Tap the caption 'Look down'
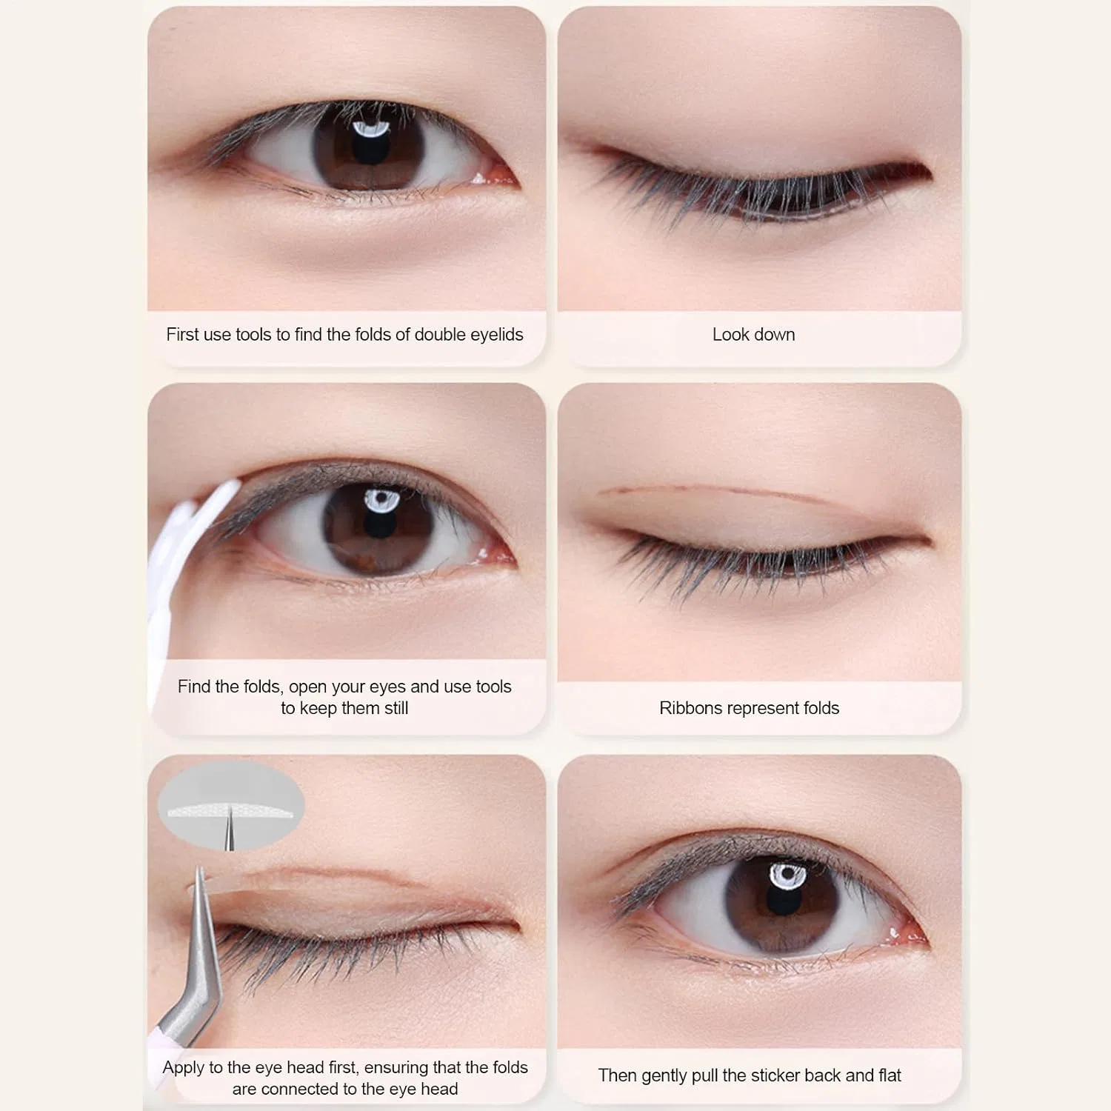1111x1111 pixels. coord(753,335)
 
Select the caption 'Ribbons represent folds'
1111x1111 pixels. coord(749,708)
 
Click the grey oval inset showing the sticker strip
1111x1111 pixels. coord(231,805)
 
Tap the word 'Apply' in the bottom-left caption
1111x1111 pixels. coord(183,1068)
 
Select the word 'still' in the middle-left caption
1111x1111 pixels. coord(395,708)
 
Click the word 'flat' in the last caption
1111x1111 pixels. coord(890,1075)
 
